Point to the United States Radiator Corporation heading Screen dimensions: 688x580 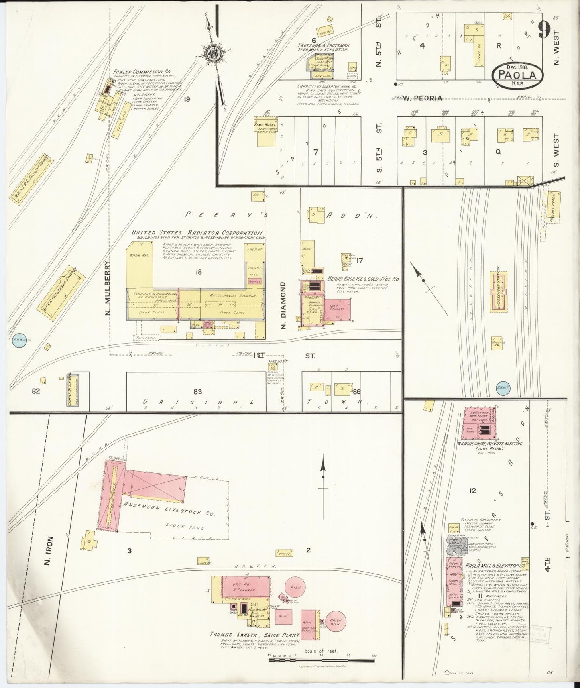pyautogui.click(x=197, y=233)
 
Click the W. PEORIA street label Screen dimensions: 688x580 pyautogui.click(x=422, y=98)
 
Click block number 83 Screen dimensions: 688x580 pyautogui.click(x=197, y=391)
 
